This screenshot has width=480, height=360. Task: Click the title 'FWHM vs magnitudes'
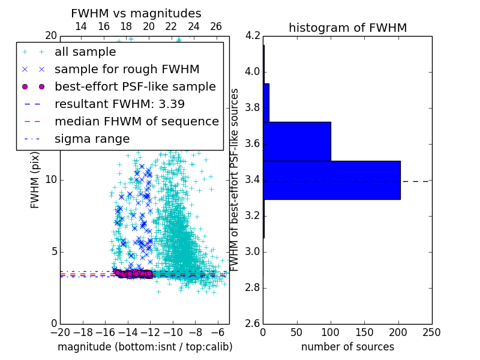(136, 13)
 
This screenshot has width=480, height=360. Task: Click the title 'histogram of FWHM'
(347, 28)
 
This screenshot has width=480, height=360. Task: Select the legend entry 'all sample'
(85, 52)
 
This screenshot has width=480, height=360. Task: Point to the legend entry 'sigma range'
(92, 139)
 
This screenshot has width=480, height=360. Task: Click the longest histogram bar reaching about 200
(332, 180)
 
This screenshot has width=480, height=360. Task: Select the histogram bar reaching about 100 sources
(297, 142)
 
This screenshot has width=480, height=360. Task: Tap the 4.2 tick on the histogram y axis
(252, 35)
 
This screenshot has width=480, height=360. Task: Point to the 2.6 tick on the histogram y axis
(252, 323)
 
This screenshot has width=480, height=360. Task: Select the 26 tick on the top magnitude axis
(216, 26)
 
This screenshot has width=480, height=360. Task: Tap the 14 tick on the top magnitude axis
(81, 26)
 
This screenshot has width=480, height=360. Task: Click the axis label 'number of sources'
(347, 347)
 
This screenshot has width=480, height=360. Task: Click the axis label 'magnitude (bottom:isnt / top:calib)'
(145, 347)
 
